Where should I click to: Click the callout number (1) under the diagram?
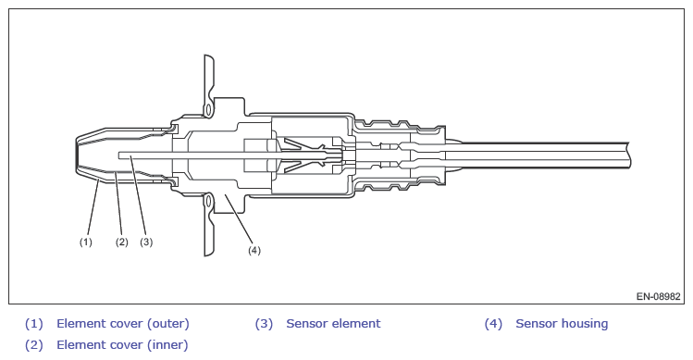(86, 242)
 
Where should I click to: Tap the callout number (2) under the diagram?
(121, 242)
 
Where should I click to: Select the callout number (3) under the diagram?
(146, 242)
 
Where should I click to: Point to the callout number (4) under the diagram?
(254, 250)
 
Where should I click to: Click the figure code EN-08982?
(659, 296)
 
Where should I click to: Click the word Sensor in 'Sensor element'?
(306, 324)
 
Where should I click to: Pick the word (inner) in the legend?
(167, 345)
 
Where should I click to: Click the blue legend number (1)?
(34, 324)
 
